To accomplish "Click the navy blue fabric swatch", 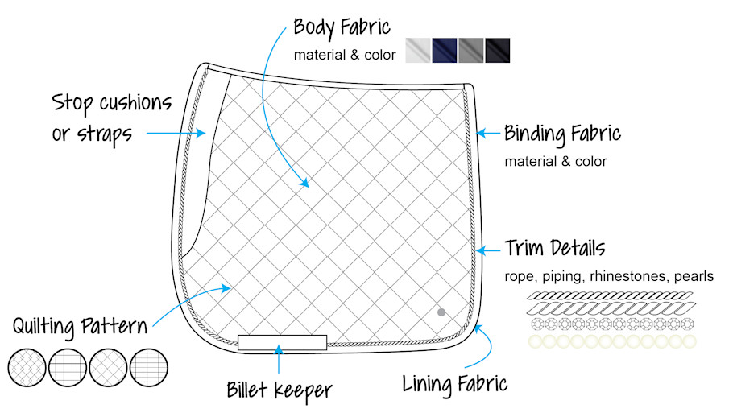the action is coord(445,50).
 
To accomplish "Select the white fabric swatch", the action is coord(418,50).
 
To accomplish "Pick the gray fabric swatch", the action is coord(471,50).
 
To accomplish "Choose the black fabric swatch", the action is coord(497,50).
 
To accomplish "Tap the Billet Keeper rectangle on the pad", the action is coord(282,342).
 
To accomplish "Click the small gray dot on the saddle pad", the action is coord(441,312).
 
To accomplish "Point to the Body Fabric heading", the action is coord(342,27).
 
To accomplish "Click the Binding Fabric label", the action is coord(562,133).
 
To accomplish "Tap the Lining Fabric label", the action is coord(455,383).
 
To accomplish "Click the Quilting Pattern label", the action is coord(80,327).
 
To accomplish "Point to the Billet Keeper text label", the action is coord(279,390).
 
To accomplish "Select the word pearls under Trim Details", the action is coord(694,276).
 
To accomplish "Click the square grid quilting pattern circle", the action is coord(68,368).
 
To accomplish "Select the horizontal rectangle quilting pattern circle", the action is coord(148,368).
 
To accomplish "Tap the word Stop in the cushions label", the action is coord(73,103).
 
